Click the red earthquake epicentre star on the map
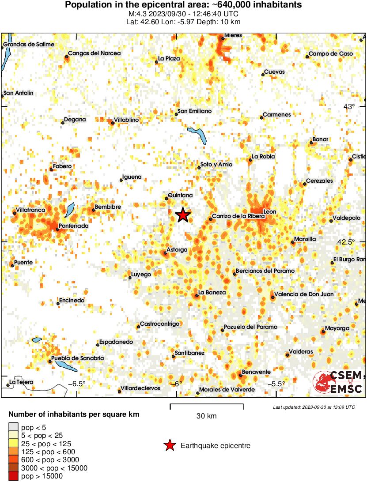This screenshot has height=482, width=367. (183, 215)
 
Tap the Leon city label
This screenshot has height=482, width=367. (269, 212)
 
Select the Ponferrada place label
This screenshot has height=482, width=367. (74, 226)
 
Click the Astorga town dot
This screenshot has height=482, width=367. (165, 253)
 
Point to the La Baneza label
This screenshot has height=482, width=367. (212, 293)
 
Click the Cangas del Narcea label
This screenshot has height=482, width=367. (94, 53)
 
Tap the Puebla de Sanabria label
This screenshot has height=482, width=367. (78, 358)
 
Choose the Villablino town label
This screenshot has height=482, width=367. (126, 120)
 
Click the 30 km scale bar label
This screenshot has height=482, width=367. (206, 416)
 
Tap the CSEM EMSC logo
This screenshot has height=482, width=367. (338, 383)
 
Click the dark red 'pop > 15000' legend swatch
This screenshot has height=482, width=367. (14, 476)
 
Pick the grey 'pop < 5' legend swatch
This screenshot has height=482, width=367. (14, 427)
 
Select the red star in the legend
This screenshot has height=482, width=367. (169, 446)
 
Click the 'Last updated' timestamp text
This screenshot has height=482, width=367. (314, 407)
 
